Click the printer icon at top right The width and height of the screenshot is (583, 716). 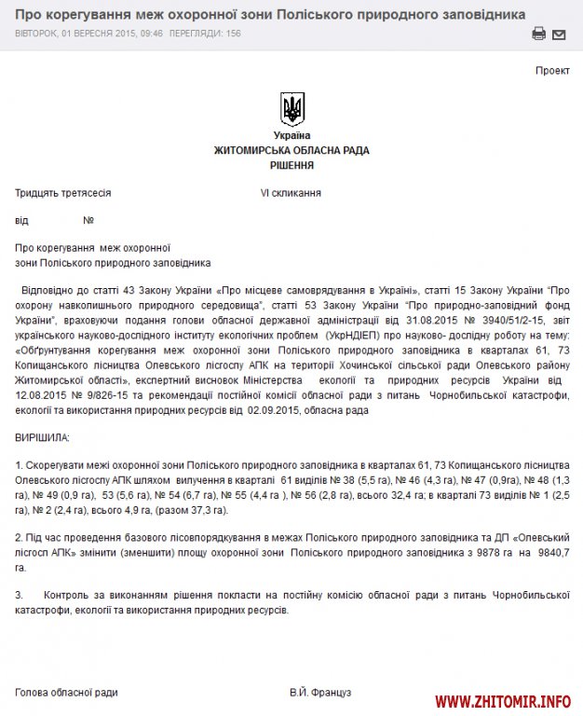coord(538,34)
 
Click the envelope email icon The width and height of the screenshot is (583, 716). coord(559,34)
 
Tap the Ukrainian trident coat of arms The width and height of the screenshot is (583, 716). coord(291,108)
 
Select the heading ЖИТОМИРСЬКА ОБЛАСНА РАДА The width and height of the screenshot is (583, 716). coord(291,150)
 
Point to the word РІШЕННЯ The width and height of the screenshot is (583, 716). coord(291,165)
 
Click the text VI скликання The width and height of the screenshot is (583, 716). coord(291,193)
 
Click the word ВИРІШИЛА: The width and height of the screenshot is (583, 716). coord(42,437)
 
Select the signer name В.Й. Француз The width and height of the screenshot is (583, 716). coord(320,693)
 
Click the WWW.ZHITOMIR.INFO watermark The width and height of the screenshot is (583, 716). coord(503,701)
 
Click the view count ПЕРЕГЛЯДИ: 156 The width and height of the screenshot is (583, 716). coord(207,33)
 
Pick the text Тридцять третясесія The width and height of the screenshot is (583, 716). coord(63,193)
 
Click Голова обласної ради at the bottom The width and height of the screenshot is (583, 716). coord(66,693)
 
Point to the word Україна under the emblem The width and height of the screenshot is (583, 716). coord(291,136)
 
